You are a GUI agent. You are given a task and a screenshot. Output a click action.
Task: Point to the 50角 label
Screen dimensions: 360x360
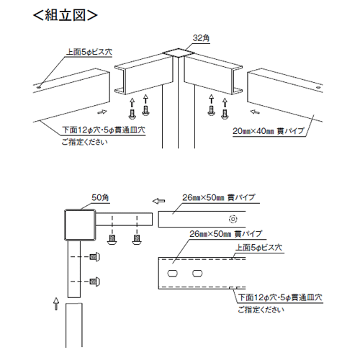100,196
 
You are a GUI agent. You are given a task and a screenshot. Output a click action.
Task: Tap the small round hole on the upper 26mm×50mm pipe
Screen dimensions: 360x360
232,219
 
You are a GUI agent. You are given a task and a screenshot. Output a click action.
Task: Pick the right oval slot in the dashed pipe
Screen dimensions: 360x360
197,274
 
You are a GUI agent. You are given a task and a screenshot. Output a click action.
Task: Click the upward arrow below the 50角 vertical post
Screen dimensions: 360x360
56,301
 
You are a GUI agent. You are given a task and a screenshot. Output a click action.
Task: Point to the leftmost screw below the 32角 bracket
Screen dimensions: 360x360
132,112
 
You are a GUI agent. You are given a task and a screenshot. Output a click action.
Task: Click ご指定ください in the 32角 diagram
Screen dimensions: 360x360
85,142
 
